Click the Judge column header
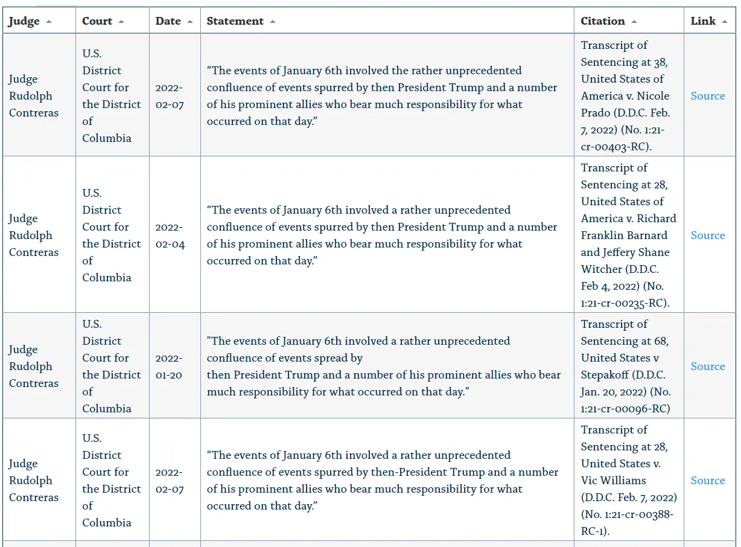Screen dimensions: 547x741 click(24, 21)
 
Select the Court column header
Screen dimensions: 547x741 click(97, 21)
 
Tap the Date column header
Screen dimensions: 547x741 click(168, 21)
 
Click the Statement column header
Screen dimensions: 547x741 click(235, 21)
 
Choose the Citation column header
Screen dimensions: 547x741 click(603, 21)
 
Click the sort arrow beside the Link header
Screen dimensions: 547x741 click(725, 22)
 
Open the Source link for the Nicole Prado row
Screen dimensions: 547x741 click(708, 96)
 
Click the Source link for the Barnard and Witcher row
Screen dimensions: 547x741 click(708, 235)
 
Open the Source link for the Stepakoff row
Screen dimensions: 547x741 click(708, 366)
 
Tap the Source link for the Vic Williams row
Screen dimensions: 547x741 click(708, 481)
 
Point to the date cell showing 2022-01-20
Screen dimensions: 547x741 click(169, 366)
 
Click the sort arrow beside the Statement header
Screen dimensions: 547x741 click(273, 22)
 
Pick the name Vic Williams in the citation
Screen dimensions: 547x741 click(605, 481)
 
